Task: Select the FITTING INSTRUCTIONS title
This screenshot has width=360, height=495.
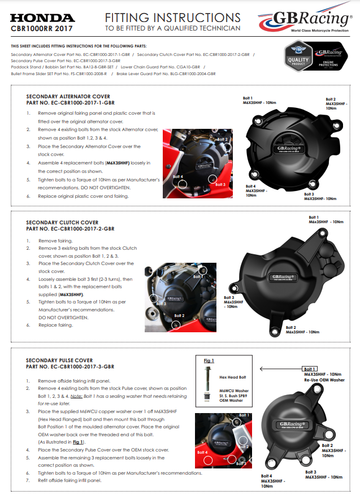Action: click(172, 18)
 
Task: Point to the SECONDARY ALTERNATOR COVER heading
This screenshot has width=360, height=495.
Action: click(68, 97)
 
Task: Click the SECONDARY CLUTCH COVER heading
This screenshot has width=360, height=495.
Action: click(62, 223)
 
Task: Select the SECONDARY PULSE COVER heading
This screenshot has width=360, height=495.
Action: click(59, 360)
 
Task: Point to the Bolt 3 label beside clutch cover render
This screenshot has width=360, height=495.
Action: click(229, 298)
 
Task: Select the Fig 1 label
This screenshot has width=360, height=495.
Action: click(208, 361)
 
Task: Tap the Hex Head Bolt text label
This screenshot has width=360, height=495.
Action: click(231, 376)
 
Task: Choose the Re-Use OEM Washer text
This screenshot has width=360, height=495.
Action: click(324, 380)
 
